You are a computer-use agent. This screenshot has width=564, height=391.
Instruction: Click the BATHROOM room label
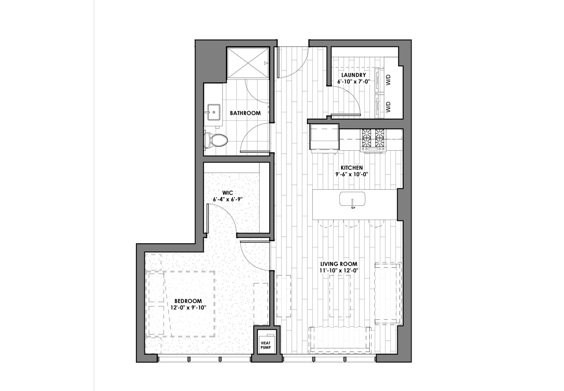click(x=245, y=113)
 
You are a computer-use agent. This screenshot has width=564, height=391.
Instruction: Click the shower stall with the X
click(x=248, y=63)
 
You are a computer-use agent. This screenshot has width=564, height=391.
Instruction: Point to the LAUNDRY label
click(x=353, y=75)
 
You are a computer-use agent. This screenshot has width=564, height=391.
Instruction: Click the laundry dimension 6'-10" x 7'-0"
click(x=353, y=82)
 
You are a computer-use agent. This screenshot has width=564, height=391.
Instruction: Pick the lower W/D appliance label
click(x=388, y=107)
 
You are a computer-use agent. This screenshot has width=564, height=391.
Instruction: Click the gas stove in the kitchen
click(x=374, y=140)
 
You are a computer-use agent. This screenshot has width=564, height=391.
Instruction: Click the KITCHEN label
click(x=352, y=168)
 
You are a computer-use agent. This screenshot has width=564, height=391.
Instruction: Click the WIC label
click(x=228, y=193)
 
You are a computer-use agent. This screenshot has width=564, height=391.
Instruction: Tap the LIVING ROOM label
click(x=339, y=264)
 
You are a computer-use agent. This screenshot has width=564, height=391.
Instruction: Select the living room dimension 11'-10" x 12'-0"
click(x=339, y=271)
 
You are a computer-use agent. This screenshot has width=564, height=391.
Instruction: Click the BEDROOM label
click(x=188, y=301)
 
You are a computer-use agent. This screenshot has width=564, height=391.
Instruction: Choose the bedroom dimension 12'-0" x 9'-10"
click(x=188, y=308)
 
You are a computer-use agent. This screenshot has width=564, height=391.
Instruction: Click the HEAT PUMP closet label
click(x=266, y=345)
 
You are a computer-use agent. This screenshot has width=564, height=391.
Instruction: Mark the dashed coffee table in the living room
click(x=340, y=296)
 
